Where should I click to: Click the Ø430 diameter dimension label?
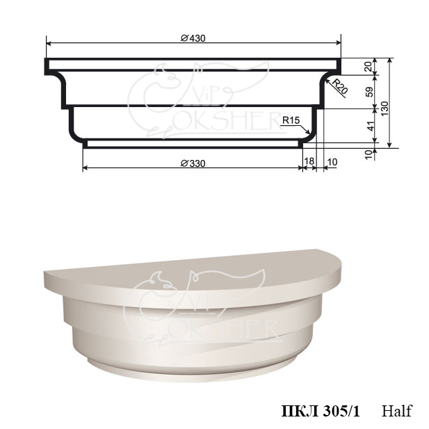193,38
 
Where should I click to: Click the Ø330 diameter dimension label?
193,163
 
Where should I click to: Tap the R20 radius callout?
341,86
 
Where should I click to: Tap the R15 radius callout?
291,120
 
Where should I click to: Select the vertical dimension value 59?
369,92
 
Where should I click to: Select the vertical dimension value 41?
370,126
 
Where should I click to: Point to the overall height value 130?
385,108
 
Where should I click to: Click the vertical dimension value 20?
369,67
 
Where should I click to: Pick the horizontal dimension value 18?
309,161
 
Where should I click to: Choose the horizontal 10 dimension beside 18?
332,162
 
